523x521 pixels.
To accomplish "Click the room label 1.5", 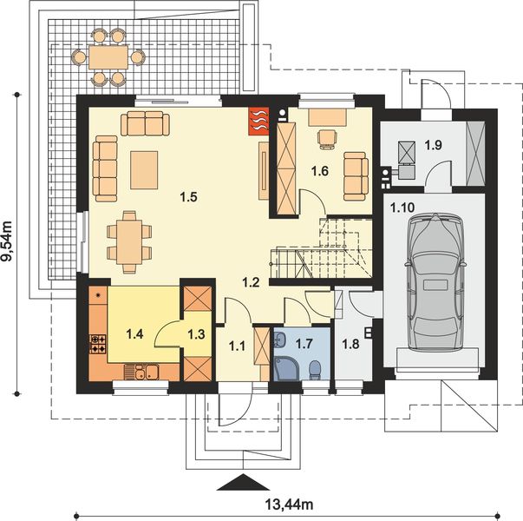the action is [x=189, y=197].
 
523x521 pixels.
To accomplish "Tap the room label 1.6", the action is [x=320, y=171].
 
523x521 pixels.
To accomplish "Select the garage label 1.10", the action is [x=402, y=208].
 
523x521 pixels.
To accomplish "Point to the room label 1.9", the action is [x=434, y=145].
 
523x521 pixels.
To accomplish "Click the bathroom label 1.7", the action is [x=304, y=344].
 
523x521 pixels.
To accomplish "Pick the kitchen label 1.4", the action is [x=134, y=333].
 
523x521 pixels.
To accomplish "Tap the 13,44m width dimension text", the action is [x=289, y=505].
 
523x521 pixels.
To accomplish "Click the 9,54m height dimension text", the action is [x=7, y=241].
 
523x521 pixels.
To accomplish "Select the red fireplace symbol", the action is [x=258, y=121].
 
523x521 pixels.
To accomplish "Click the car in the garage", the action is [x=435, y=283].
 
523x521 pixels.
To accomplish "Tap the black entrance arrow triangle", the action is [x=243, y=482].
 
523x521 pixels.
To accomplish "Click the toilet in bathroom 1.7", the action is [x=315, y=370].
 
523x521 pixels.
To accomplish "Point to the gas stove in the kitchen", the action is [x=98, y=345].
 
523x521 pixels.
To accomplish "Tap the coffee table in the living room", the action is [x=144, y=170].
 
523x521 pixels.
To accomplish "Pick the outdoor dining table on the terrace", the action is [x=108, y=57].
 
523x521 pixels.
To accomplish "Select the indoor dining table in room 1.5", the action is [x=129, y=241].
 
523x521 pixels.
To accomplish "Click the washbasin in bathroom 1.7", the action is [x=278, y=340].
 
